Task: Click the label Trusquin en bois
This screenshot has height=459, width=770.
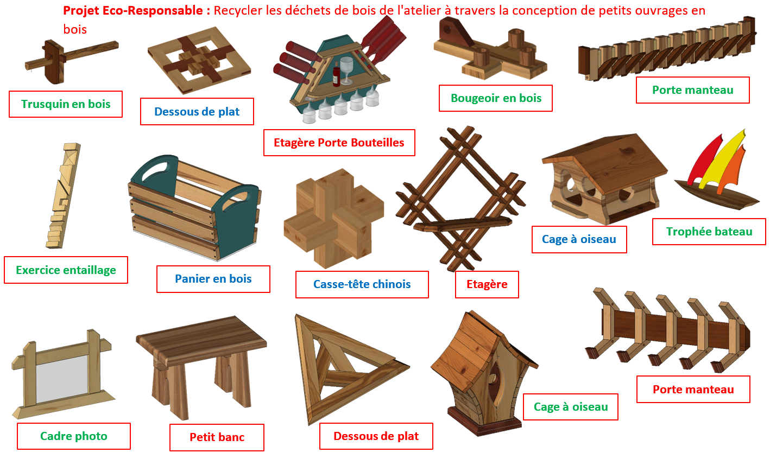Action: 66,104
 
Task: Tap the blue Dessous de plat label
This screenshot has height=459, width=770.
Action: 197,112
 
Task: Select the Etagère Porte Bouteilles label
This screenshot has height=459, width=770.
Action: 339,143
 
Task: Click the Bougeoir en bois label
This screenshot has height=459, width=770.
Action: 496,98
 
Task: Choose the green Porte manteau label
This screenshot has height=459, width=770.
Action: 693,90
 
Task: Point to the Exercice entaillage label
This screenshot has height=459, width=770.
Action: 66,270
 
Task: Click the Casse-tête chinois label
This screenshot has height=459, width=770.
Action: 362,284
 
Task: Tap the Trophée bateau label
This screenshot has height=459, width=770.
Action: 709,232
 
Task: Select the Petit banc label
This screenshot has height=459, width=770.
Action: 217,437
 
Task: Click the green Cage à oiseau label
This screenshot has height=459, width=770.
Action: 571,407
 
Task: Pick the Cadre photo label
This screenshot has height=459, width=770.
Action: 73,436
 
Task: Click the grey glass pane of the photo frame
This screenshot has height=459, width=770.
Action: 62,379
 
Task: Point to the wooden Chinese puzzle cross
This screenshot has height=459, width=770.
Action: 333,218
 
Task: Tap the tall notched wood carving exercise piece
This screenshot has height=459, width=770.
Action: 63,195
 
